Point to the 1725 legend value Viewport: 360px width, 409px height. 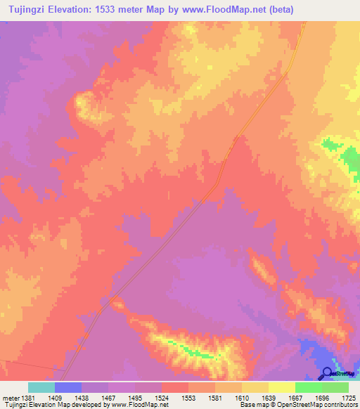pyautogui.click(x=348, y=397)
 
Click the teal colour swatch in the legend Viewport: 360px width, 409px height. pyautogui.click(x=41, y=387)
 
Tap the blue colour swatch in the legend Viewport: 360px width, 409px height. pyautogui.click(x=68, y=387)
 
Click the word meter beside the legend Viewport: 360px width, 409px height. pyautogui.click(x=11, y=397)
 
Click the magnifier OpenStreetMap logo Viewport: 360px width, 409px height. pyautogui.click(x=327, y=374)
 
